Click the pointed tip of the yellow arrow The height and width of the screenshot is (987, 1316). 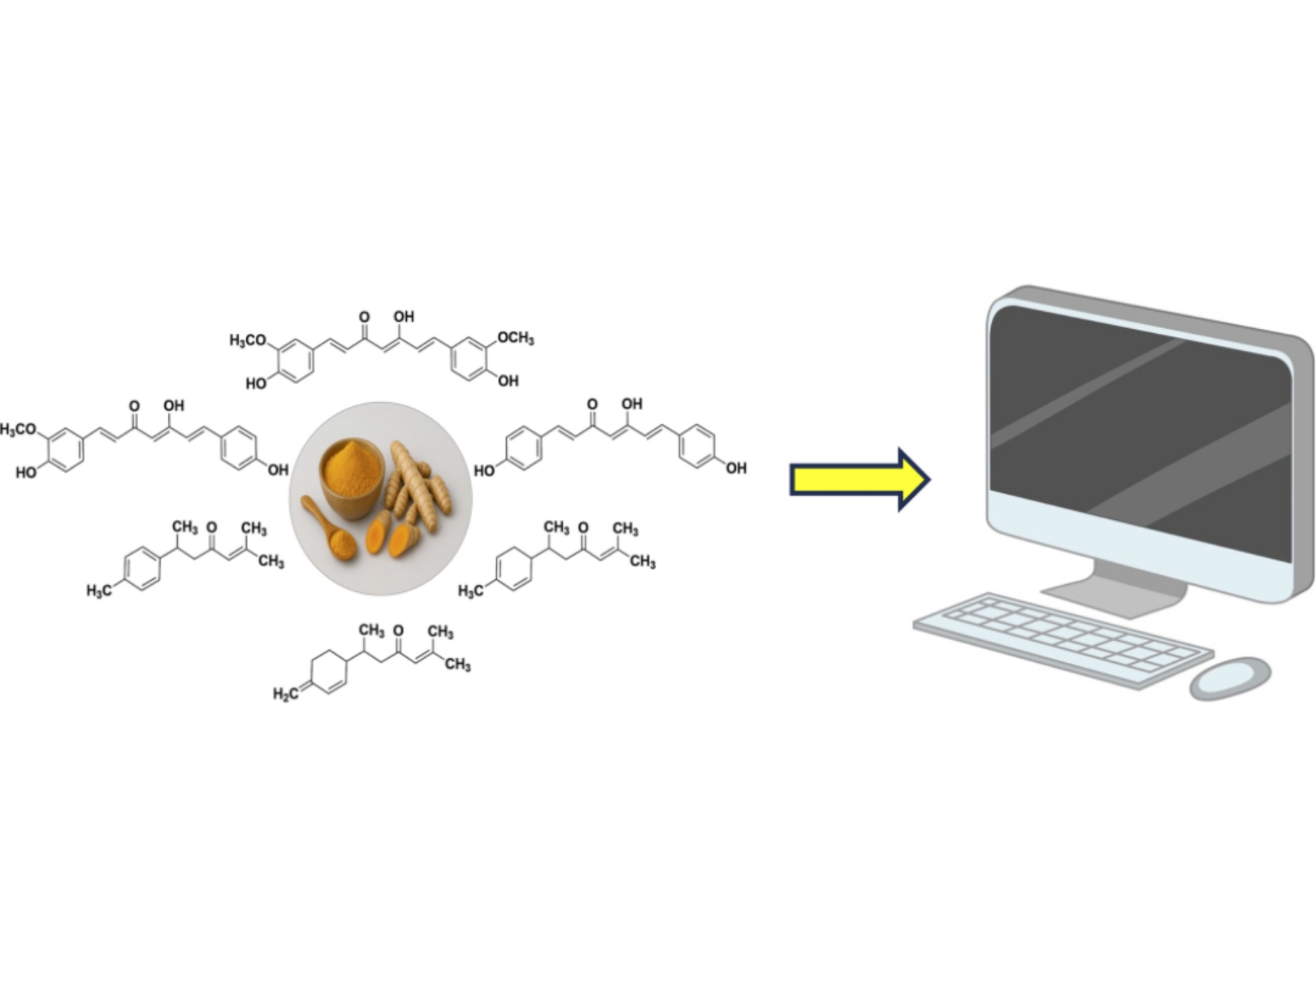point(929,479)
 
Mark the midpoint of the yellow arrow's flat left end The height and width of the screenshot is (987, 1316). point(790,479)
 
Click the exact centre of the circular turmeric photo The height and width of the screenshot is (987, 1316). point(381,499)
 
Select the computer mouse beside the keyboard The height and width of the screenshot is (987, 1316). point(1230,678)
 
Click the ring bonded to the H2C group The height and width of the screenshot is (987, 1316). point(328,672)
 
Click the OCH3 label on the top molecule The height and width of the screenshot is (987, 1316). point(516,338)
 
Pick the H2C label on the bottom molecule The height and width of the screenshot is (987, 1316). point(285,694)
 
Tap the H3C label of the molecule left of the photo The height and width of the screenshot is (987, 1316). point(99,591)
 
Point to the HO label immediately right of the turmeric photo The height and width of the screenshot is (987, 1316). point(484,470)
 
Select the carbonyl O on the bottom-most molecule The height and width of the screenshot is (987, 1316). point(398,630)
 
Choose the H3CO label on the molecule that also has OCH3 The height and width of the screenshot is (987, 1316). point(248,340)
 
